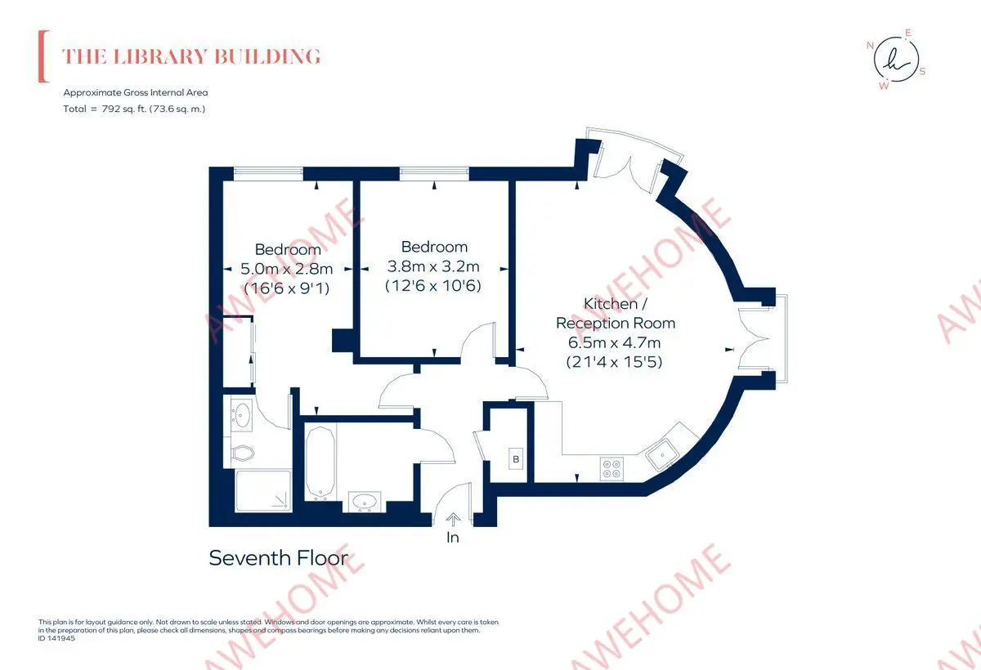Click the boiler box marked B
(516, 459)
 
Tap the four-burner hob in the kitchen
(611, 469)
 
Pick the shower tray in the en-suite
(263, 490)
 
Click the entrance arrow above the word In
(453, 520)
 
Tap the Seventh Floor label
(279, 558)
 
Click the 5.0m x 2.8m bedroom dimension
(286, 269)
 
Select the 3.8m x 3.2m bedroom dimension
(433, 266)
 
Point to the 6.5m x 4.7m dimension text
(614, 342)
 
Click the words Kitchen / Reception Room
(616, 313)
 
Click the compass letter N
(870, 46)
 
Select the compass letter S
(922, 72)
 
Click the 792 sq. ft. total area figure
(124, 109)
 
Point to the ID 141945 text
(56, 638)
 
